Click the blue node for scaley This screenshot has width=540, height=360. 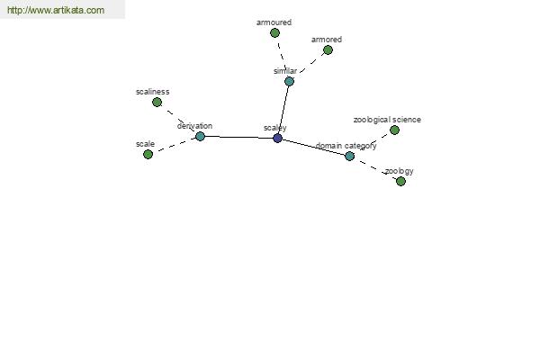click(277, 138)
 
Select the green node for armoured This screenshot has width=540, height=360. click(274, 33)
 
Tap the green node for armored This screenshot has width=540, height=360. click(328, 50)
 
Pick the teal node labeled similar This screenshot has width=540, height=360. click(289, 82)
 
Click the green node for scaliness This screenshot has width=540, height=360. click(157, 103)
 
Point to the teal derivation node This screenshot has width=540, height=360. click(200, 137)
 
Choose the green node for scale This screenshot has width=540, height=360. click(148, 154)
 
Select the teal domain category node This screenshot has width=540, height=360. click(349, 156)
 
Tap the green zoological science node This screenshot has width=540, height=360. click(395, 130)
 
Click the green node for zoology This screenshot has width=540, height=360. click(400, 181)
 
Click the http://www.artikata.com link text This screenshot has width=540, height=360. click(56, 10)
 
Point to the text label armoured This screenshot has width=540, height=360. click(274, 22)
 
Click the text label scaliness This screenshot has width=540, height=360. click(153, 92)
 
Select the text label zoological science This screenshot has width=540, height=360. click(387, 120)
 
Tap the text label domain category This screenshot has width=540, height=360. click(346, 146)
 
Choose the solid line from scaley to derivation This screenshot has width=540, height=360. click(239, 137)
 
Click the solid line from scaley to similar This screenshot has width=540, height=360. click(283, 110)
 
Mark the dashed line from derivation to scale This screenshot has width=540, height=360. click(175, 146)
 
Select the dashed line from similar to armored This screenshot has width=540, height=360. click(311, 63)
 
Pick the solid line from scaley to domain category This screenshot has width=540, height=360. click(314, 147)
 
